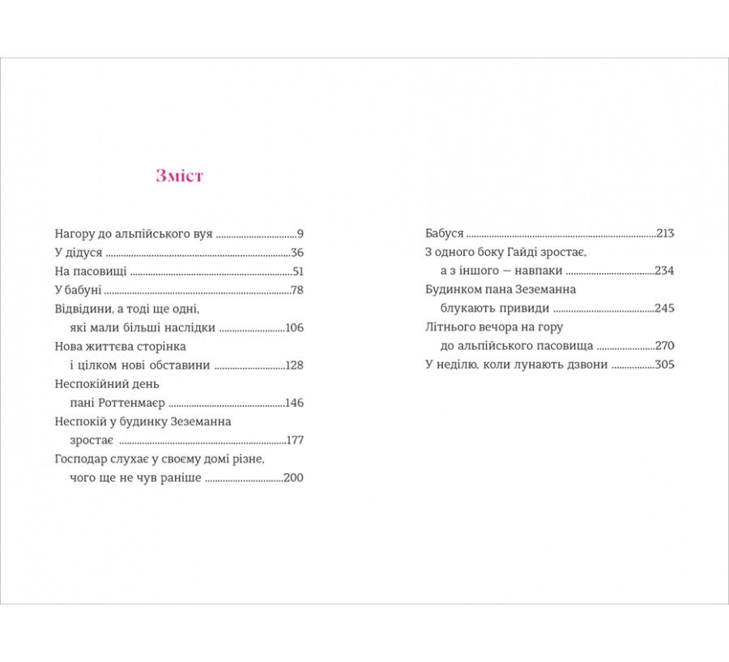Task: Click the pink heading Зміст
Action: click(x=179, y=176)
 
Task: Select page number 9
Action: click(x=300, y=233)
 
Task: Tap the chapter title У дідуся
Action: click(x=79, y=253)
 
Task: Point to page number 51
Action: click(x=297, y=271)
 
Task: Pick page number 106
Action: click(x=294, y=327)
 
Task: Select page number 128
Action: click(x=294, y=365)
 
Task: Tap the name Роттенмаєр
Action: click(x=133, y=403)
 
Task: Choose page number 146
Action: click(x=294, y=403)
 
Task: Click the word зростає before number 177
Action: click(x=92, y=440)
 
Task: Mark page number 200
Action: click(x=293, y=477)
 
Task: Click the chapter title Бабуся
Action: click(x=445, y=233)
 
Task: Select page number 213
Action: click(x=665, y=233)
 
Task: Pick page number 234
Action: click(x=664, y=271)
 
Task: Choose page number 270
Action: click(x=664, y=345)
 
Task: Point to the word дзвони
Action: click(x=586, y=364)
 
